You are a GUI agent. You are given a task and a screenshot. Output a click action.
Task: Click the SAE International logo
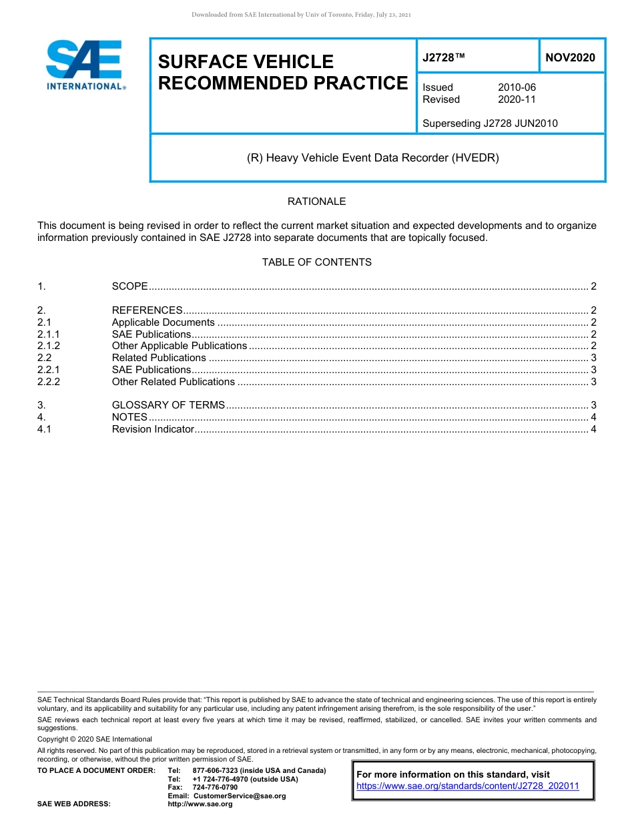coord(85,65)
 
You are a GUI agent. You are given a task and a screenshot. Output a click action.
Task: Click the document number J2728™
coord(443,58)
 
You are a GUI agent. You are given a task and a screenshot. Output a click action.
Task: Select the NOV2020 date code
coord(570,58)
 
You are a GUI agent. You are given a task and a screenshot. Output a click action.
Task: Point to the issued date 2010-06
coord(517,87)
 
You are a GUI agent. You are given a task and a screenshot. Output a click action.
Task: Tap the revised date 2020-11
coord(517,99)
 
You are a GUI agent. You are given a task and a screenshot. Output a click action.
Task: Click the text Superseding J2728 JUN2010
coord(490,123)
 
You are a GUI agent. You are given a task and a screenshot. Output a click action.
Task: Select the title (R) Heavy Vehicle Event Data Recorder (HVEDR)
coord(373,158)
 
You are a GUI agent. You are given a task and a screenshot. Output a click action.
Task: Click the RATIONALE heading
coord(316,202)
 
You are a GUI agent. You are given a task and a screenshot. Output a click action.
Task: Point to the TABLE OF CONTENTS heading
coord(316,262)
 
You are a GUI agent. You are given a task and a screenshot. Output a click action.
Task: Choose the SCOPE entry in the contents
coord(129,286)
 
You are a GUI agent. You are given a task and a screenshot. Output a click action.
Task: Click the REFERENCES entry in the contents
coord(147,310)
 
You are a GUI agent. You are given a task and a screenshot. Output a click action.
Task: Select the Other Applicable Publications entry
coord(179,346)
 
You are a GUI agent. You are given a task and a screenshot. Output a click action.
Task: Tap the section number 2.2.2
coord(49,382)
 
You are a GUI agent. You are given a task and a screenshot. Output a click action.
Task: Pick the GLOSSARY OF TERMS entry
coord(168,405)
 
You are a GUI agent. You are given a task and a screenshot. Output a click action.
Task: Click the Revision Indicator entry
coord(153,429)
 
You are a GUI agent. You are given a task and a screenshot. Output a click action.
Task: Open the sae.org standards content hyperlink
coord(468,786)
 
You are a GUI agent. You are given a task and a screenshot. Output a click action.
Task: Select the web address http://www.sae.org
coord(200,804)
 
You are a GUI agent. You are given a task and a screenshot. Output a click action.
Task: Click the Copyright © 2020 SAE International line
coord(95,739)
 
